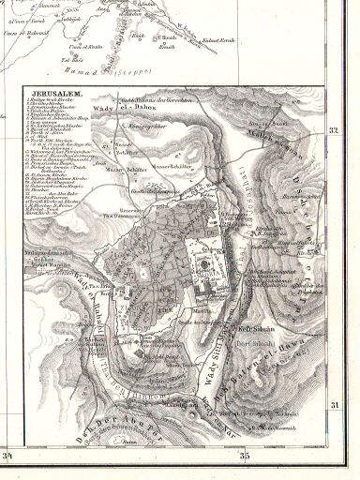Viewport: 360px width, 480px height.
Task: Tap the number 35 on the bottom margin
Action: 246,457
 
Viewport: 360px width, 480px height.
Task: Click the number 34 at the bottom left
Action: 12,457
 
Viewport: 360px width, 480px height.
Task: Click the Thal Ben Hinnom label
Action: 141,385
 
